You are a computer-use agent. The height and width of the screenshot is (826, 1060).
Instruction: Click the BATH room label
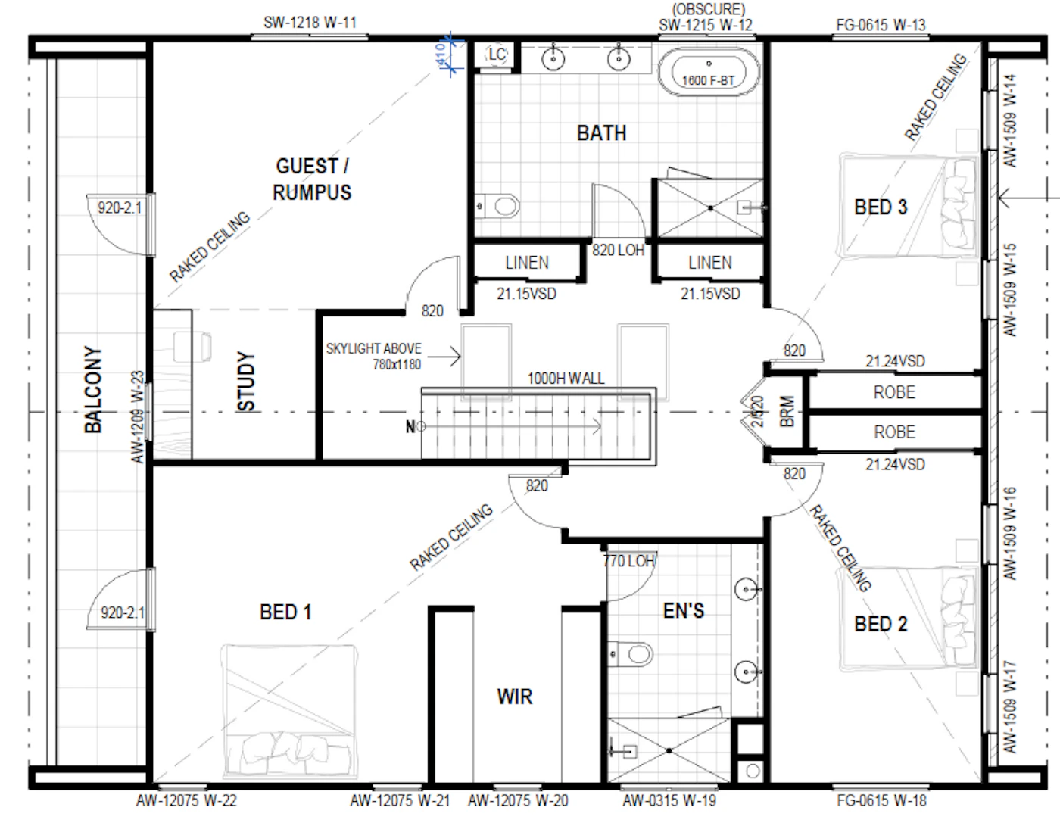[601, 133]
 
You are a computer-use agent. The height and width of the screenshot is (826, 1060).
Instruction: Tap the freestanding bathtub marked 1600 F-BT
[708, 73]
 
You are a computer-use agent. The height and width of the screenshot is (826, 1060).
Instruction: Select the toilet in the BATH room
[497, 205]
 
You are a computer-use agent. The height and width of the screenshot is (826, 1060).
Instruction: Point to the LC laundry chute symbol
[497, 55]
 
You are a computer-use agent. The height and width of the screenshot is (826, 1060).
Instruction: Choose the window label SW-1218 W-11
[310, 23]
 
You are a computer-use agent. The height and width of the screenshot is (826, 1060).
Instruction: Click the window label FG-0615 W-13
[881, 25]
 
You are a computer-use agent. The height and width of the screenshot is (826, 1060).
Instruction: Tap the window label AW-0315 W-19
[669, 800]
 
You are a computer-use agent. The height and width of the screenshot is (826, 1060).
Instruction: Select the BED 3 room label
[881, 207]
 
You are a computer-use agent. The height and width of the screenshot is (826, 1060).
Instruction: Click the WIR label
[515, 697]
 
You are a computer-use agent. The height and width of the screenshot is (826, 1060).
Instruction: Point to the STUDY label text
[246, 382]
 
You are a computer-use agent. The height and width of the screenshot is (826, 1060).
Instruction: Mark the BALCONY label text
[93, 390]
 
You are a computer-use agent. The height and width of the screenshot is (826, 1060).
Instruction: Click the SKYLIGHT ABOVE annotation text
[373, 348]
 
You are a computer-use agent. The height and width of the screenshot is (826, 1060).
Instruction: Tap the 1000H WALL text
[566, 379]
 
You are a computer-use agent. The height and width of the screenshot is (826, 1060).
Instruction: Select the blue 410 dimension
[441, 55]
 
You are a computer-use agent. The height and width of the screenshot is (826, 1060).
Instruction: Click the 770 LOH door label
[628, 561]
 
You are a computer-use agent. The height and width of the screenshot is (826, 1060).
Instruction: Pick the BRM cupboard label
[787, 412]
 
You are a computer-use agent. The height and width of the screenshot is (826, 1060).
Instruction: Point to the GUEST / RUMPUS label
[312, 179]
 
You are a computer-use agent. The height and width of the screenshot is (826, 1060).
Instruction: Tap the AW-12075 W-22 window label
[186, 800]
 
